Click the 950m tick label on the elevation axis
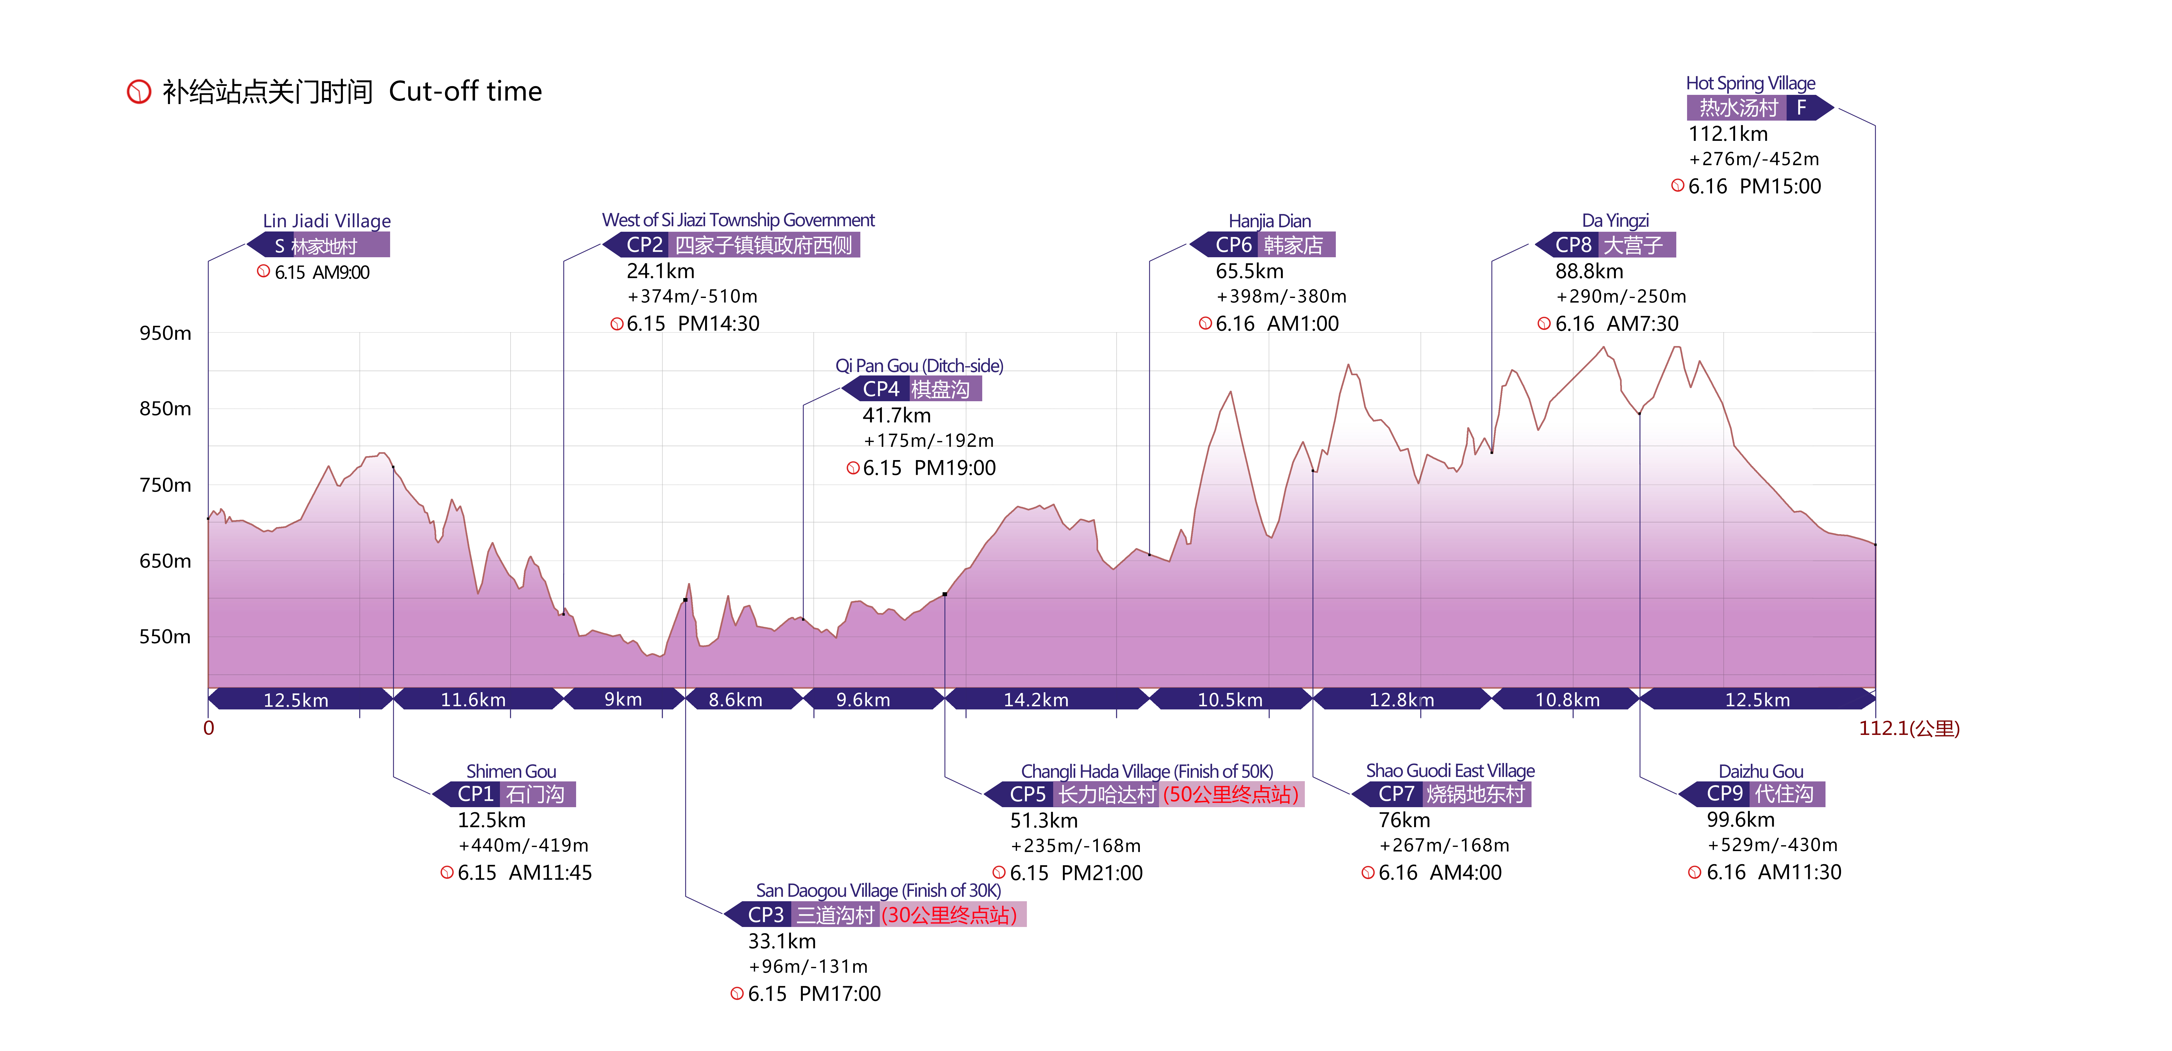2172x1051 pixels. click(x=165, y=333)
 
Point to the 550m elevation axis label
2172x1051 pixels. click(x=165, y=637)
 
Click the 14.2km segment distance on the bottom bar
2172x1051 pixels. click(x=1036, y=699)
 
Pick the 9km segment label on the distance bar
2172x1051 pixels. click(x=623, y=699)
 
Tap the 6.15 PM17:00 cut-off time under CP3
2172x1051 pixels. click(x=814, y=994)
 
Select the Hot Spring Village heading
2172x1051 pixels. click(x=1750, y=84)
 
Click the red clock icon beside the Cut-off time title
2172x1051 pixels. click(x=138, y=91)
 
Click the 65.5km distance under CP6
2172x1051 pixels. click(x=1250, y=272)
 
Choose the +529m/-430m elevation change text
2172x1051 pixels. click(x=1772, y=845)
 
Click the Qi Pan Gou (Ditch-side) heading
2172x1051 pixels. click(x=919, y=366)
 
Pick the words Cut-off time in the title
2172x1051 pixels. click(x=466, y=91)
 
